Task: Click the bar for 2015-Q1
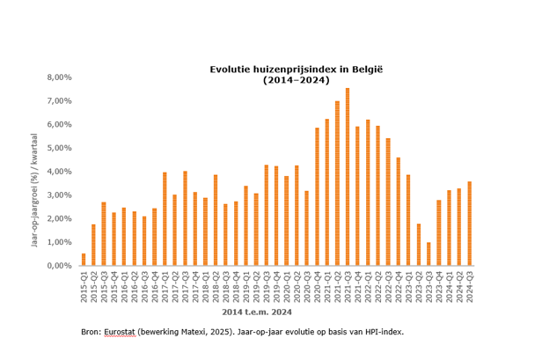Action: [84, 260]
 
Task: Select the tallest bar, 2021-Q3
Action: [348, 177]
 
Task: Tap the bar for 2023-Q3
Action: [428, 253]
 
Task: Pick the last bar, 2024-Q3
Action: [470, 224]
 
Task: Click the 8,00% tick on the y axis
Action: [58, 77]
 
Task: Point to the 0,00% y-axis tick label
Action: [58, 266]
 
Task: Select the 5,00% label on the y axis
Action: [58, 148]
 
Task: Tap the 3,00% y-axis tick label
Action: [58, 195]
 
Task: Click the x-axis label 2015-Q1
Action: [84, 284]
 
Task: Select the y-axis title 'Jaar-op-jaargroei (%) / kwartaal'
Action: [34, 189]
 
